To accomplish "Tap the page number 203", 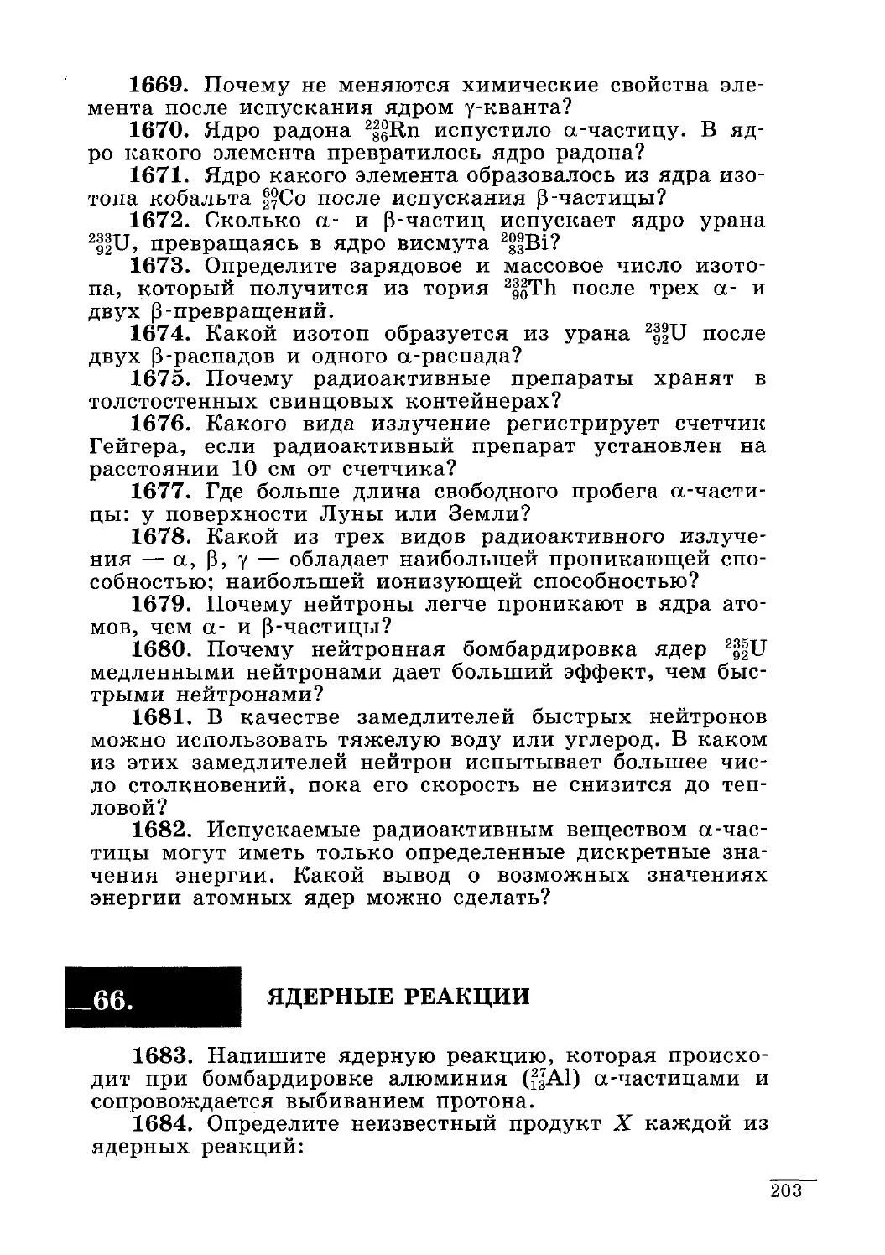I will point(786,1191).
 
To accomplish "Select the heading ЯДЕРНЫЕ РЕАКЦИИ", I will point(398,997).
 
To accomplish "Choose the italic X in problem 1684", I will point(621,1123).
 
